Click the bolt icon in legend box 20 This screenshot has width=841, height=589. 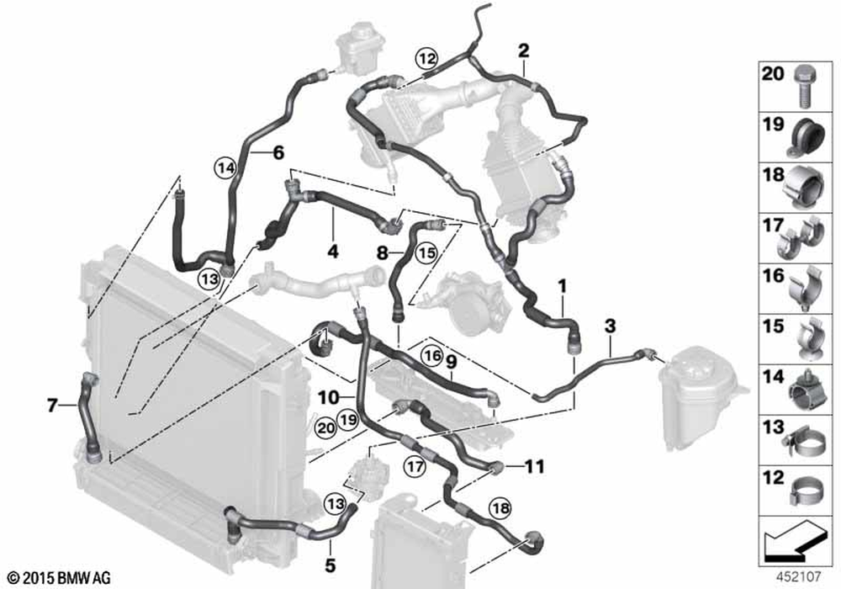coord(802,87)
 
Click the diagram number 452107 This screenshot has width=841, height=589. coord(799,576)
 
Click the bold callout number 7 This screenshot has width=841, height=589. coord(51,405)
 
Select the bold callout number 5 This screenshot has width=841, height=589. coord(330,565)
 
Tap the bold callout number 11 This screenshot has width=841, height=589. coord(534,467)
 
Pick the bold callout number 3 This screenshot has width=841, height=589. coord(610,326)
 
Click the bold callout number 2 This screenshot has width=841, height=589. coord(523,51)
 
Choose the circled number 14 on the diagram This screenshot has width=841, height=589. coord(226,168)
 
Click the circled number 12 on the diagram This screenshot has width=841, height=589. coord(427,58)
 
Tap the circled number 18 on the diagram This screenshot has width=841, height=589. coord(500,508)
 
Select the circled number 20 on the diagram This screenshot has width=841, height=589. coord(325,428)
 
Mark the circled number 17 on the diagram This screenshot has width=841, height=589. coord(415,467)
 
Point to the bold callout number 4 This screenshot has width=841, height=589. coord(333,251)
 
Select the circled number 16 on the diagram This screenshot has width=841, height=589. coord(432,355)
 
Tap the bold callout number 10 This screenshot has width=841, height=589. coord(328,397)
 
